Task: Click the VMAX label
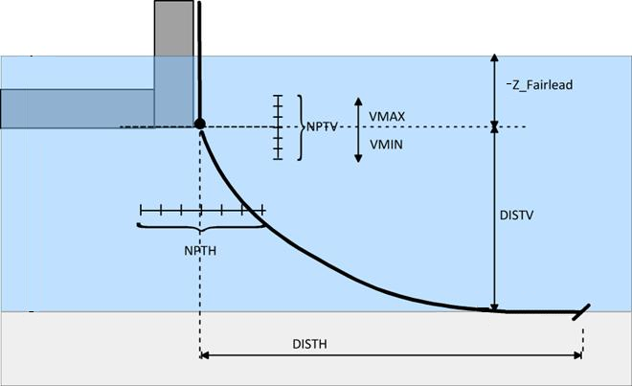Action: (x=387, y=117)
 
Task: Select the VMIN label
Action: (x=386, y=141)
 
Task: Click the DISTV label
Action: (x=516, y=216)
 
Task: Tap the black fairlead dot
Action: (x=200, y=124)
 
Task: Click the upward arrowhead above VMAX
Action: (x=358, y=101)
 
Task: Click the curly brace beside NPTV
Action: (x=300, y=126)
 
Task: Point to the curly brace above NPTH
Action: (x=201, y=227)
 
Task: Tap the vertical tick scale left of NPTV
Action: (x=279, y=126)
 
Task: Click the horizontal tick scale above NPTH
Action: (x=202, y=209)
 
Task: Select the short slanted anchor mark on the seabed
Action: (x=580, y=311)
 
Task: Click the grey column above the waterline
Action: (x=174, y=28)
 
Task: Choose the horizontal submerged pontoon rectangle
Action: (x=77, y=108)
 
